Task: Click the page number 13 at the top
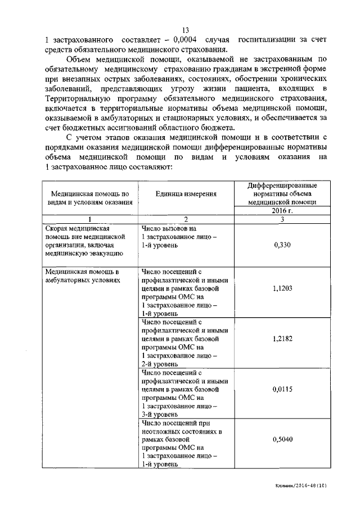pos(186,30)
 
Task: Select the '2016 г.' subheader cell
pos(282,211)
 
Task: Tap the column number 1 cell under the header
pos(90,219)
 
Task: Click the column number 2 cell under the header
pos(186,219)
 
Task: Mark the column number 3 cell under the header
pos(282,219)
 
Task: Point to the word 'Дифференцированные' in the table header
pos(282,186)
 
